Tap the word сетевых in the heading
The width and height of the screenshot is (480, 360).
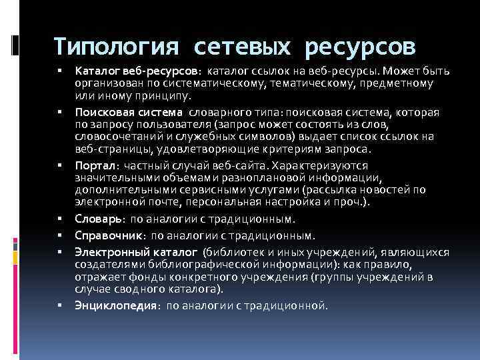[x=244, y=47]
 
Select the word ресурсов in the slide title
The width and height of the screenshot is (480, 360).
[x=361, y=47]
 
